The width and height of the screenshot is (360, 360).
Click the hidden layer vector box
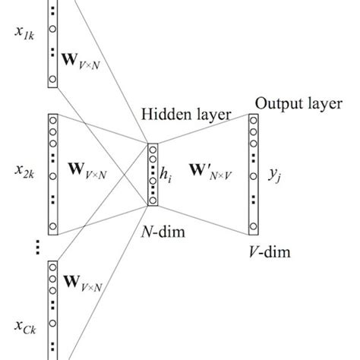point(152,174)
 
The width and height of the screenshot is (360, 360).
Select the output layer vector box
point(253,172)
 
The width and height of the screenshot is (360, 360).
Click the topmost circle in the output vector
point(253,121)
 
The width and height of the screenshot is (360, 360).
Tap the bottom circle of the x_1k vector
point(53,78)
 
